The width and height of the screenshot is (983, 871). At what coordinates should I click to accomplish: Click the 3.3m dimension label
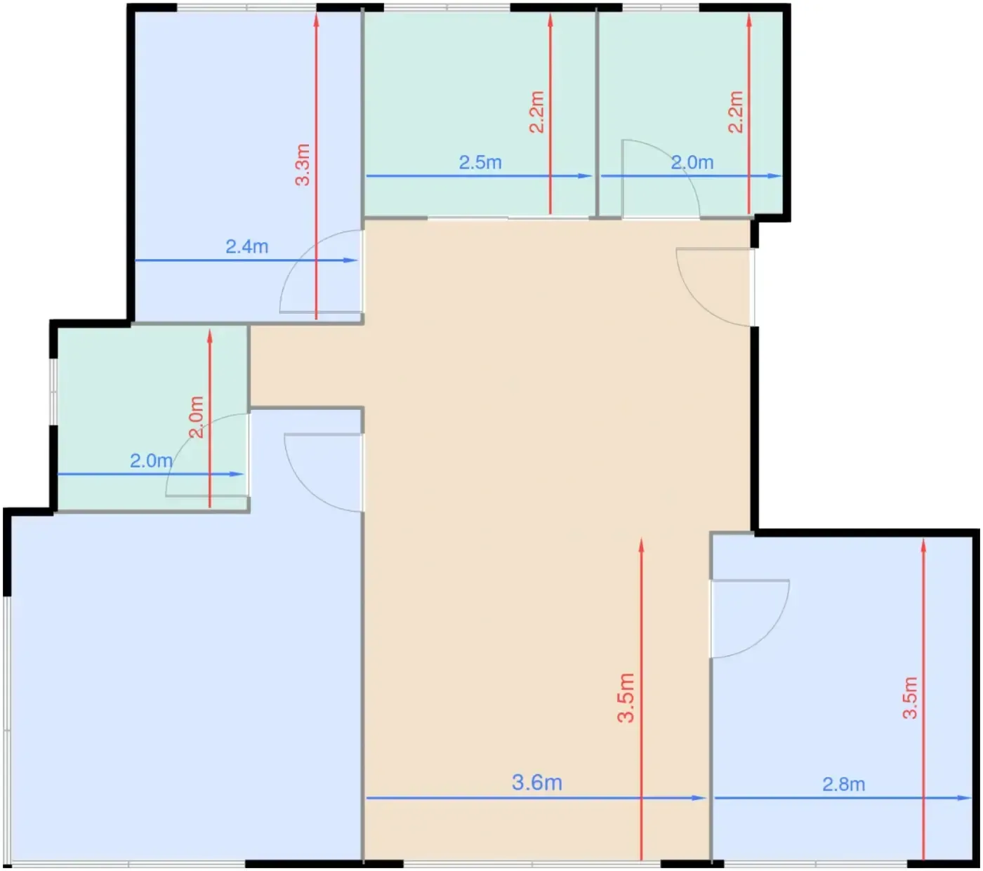tap(303, 164)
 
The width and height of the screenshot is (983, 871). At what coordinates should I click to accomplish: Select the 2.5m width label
tap(480, 162)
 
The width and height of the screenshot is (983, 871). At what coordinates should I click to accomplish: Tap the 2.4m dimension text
tap(246, 246)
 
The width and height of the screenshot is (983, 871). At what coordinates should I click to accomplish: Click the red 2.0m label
tap(196, 417)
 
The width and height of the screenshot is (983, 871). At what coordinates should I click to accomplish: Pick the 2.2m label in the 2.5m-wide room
tap(536, 112)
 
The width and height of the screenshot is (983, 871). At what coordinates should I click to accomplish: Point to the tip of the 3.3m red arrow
tap(316, 14)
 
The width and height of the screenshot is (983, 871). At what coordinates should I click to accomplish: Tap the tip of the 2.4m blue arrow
tap(357, 260)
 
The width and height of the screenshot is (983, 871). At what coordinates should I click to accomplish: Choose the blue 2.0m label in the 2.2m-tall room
tap(692, 162)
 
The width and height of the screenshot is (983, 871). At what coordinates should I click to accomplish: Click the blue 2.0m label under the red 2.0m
tap(151, 460)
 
